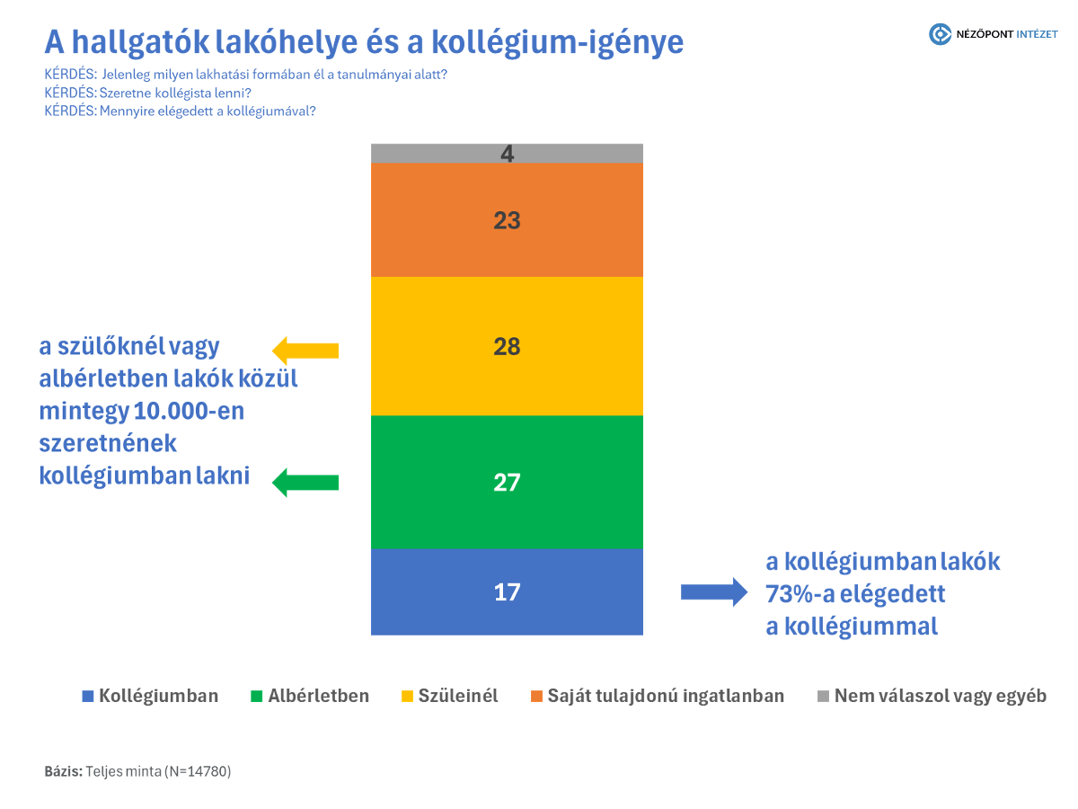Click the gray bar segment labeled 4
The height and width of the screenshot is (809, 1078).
(x=507, y=153)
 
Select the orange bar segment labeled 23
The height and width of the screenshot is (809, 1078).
(x=507, y=220)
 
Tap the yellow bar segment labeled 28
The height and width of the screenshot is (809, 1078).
(x=507, y=346)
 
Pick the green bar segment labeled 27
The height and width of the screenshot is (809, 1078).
(x=507, y=483)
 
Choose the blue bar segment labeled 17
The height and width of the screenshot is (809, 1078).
(x=507, y=592)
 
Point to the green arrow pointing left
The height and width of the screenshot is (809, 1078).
(x=305, y=483)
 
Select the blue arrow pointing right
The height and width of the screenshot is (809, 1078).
(x=713, y=591)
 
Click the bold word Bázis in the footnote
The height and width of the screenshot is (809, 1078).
(x=63, y=771)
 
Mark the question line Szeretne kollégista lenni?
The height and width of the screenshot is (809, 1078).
(x=147, y=93)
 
